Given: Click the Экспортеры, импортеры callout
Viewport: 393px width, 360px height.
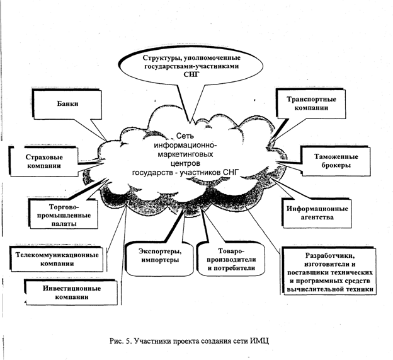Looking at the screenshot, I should (157, 255).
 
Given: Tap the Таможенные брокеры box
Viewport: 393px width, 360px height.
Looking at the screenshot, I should (331, 161).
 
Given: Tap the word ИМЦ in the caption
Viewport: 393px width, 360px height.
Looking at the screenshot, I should (259, 340).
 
